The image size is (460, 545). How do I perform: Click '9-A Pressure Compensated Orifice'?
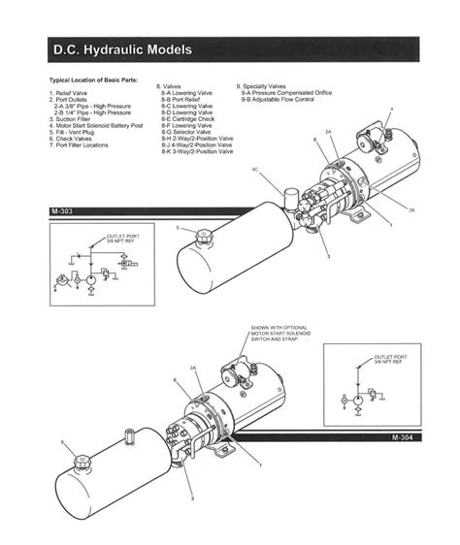point(286,92)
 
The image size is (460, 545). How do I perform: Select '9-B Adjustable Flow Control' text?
point(279,99)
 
